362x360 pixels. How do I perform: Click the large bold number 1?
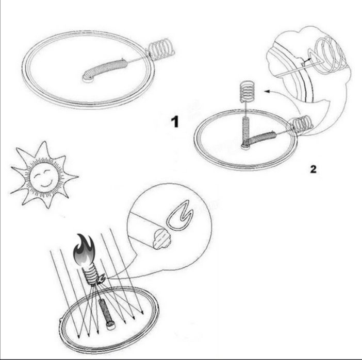175,122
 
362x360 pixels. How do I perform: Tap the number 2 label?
313,169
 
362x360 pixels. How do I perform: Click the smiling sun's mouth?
46,184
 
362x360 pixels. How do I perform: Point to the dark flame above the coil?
84,250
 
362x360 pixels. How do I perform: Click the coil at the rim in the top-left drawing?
161,49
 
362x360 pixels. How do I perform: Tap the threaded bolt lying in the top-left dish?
105,69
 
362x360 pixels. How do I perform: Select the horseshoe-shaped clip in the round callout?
179,215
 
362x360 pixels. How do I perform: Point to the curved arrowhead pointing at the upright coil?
267,92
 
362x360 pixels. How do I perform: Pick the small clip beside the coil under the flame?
101,279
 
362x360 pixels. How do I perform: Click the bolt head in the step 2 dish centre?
245,146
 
